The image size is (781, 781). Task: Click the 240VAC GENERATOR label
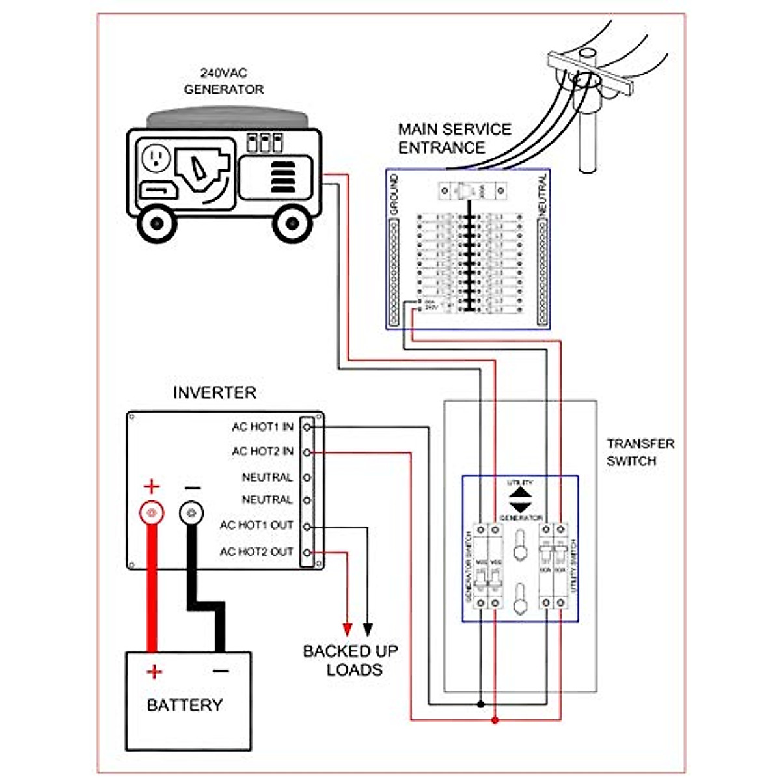(x=224, y=81)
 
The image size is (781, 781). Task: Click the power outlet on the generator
(x=156, y=158)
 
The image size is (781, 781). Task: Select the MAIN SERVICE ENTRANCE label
(x=454, y=138)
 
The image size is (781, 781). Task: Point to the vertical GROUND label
(x=394, y=195)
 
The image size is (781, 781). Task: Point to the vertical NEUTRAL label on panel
(x=543, y=195)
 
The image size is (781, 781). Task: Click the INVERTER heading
(x=214, y=393)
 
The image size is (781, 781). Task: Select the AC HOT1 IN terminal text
(x=262, y=427)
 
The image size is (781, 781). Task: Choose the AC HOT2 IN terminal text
(x=262, y=452)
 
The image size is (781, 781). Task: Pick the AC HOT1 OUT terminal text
(x=256, y=525)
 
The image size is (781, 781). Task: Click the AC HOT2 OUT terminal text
(x=256, y=552)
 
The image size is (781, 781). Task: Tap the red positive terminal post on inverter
(x=152, y=513)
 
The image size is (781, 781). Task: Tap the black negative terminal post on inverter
(x=192, y=513)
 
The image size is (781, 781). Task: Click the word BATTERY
(x=184, y=706)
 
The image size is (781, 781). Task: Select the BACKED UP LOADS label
(x=350, y=660)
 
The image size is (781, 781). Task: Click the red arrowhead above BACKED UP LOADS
(x=348, y=629)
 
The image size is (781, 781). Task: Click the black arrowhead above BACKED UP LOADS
(x=368, y=629)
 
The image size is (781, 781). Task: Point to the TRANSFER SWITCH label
(x=640, y=452)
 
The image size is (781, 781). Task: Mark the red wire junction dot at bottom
(x=495, y=720)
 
